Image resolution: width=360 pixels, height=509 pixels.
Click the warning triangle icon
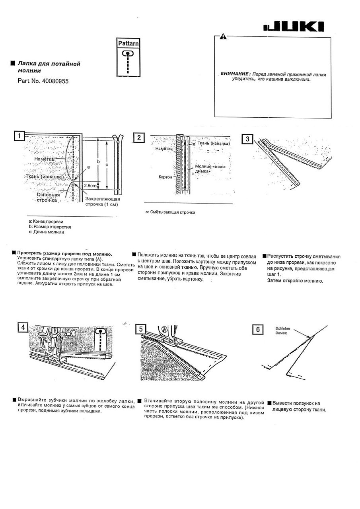coord(223,37)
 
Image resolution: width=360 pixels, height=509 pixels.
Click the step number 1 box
coord(19,136)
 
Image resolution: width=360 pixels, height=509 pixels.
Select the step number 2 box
coord(138,138)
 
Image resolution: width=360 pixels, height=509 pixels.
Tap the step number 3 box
coord(247,139)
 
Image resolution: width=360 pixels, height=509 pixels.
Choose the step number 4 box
coord(23,328)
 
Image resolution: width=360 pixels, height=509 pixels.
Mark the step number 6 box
coord(258,330)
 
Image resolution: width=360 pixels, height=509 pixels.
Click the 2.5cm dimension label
coord(90,186)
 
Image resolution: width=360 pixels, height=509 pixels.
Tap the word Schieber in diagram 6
coord(282,328)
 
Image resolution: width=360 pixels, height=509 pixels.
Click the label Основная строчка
coord(48,198)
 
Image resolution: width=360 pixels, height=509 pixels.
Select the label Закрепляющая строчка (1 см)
coord(103,202)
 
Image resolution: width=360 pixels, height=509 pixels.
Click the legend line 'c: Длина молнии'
coord(46,232)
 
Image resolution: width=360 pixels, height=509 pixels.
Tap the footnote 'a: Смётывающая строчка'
coord(170,212)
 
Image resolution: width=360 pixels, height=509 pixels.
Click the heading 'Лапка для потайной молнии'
coord(49,67)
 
